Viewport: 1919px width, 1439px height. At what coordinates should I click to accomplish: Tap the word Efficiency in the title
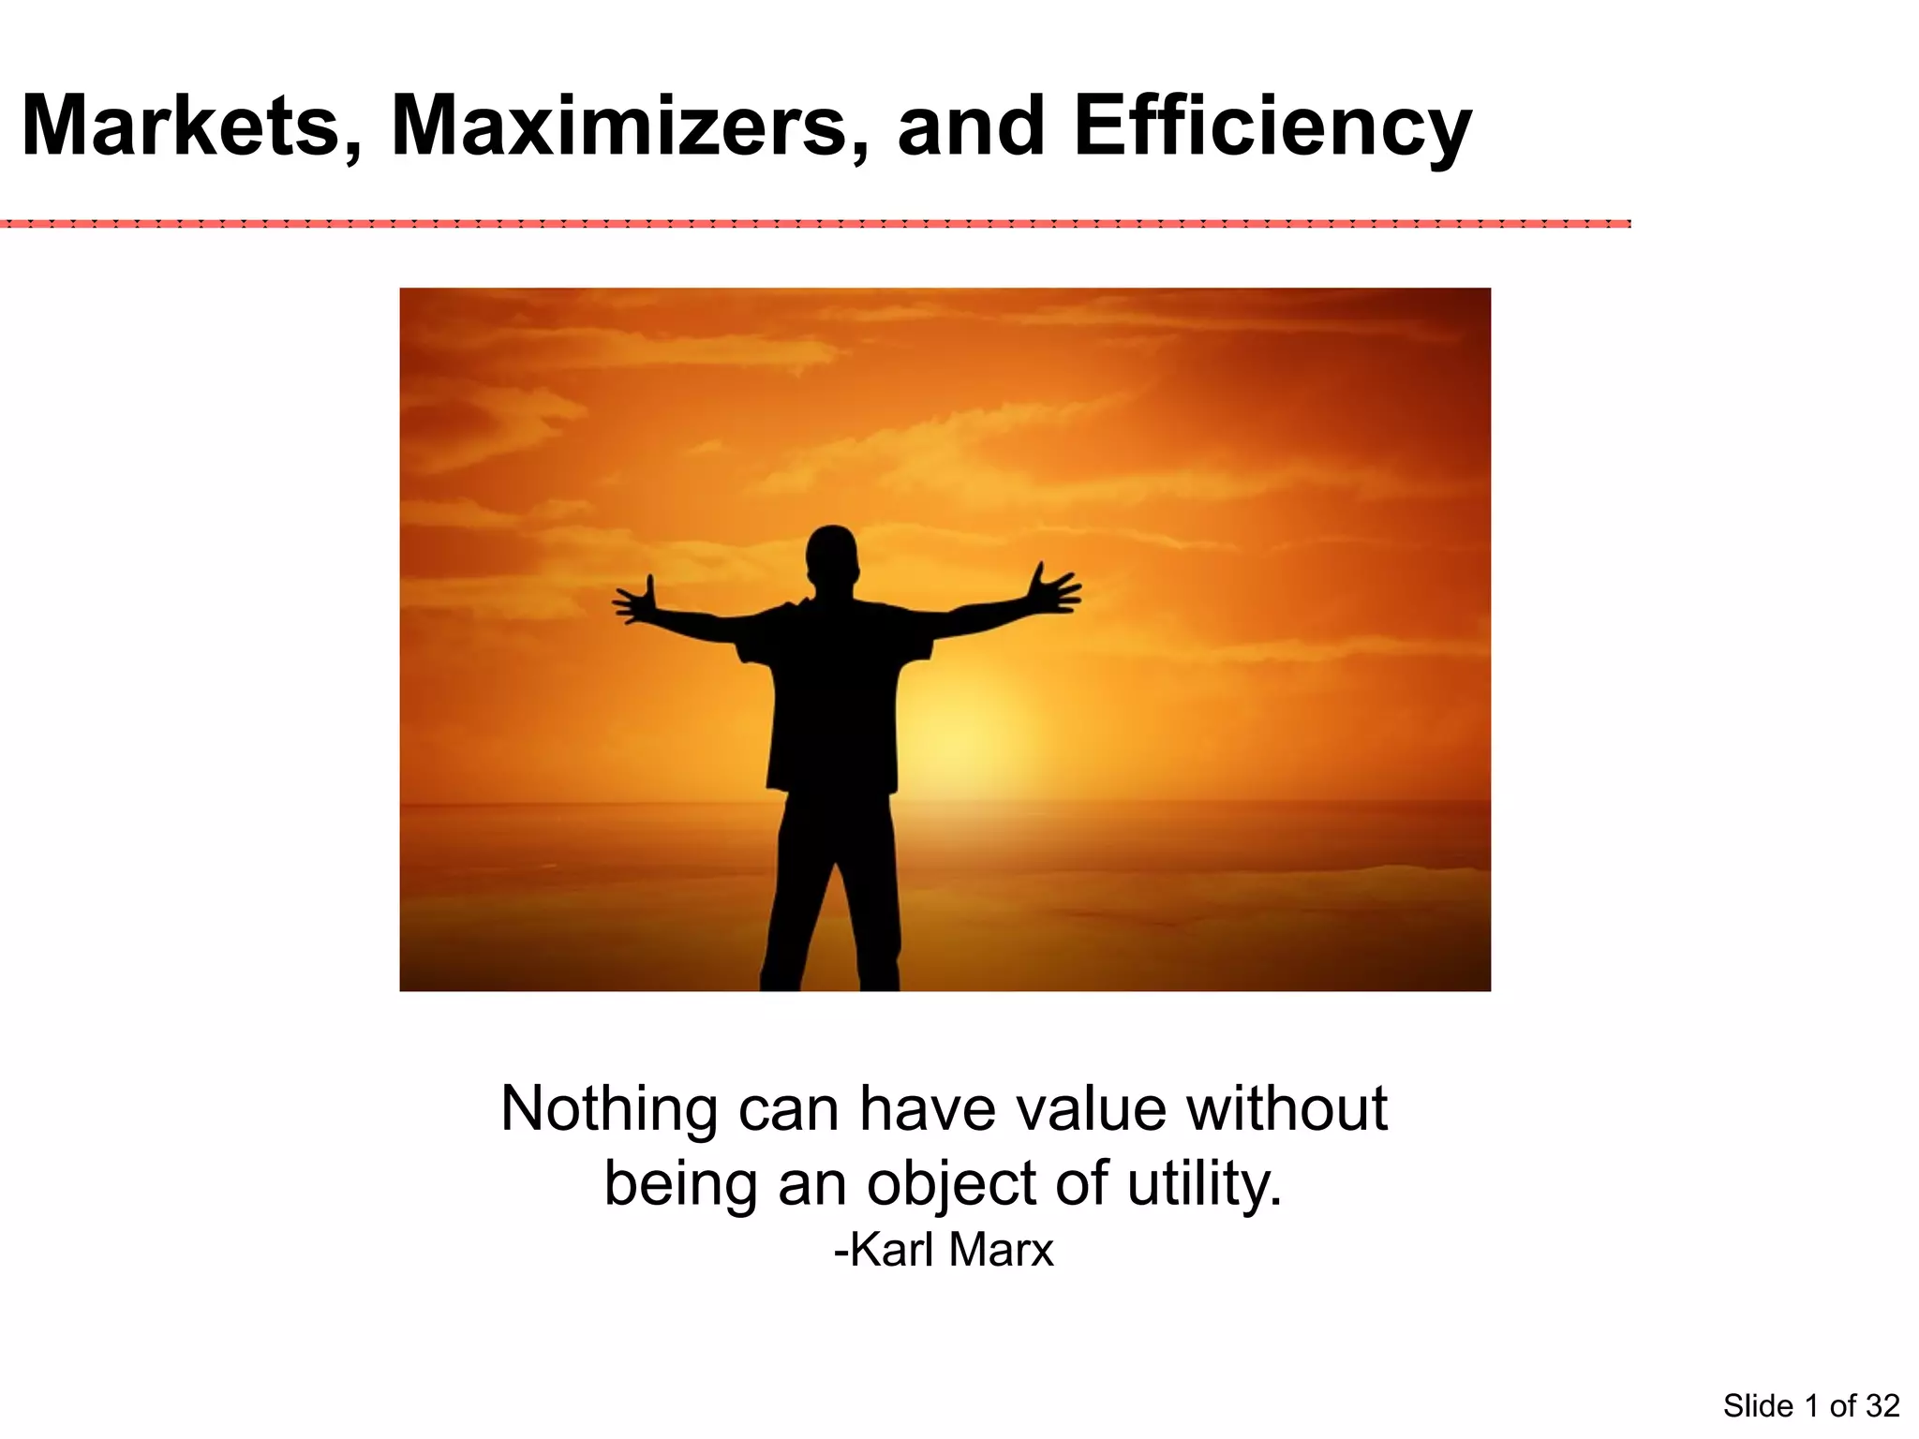[1272, 128]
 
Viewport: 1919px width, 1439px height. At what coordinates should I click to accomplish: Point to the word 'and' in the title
[970, 126]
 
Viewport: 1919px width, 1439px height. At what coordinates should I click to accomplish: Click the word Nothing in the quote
[608, 1109]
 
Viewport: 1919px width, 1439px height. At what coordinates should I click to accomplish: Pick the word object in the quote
[952, 1184]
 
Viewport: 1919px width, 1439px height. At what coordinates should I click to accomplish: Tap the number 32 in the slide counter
[1882, 1406]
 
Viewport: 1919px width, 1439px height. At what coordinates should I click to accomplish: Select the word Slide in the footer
[1758, 1406]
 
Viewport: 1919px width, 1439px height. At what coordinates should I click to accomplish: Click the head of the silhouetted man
[832, 554]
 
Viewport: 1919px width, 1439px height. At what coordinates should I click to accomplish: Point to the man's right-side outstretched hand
[1053, 589]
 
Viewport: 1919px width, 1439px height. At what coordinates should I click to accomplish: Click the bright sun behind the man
[965, 740]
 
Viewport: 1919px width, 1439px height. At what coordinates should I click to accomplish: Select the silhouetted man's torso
[832, 693]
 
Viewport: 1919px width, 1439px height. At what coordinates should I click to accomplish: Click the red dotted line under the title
[815, 224]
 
